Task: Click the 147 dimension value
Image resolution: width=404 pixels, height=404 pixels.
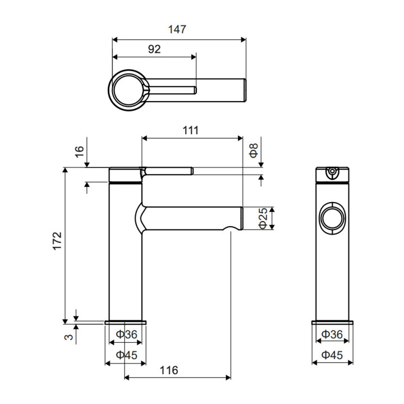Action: [x=177, y=29]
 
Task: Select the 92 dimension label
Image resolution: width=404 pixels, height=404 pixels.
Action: [x=154, y=49]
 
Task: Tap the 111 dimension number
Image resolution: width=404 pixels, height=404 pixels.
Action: [x=191, y=130]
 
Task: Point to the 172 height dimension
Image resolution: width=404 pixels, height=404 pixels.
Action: [x=57, y=241]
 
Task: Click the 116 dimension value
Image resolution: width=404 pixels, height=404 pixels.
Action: [x=169, y=370]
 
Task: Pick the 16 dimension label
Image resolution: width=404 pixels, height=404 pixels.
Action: [x=80, y=151]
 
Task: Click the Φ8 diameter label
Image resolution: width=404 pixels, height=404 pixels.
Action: [x=254, y=150]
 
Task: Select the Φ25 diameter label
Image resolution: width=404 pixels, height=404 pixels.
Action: [x=263, y=218]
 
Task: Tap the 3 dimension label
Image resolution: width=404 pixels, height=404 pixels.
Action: [x=69, y=337]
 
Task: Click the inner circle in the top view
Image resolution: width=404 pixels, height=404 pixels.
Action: [x=128, y=90]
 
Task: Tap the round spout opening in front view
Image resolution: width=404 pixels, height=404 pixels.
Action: [x=332, y=218]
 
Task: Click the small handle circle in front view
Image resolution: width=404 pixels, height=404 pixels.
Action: [x=332, y=171]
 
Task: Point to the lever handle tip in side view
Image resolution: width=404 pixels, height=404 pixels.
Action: [x=192, y=171]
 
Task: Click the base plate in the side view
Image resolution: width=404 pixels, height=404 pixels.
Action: [x=126, y=322]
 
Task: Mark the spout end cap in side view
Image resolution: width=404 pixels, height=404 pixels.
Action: [x=242, y=218]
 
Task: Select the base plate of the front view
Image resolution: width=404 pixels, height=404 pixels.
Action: [x=332, y=322]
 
